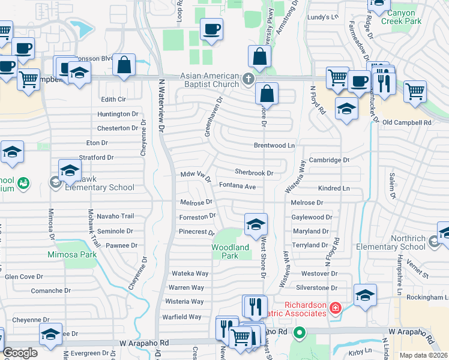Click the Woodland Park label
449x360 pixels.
[x=230, y=251]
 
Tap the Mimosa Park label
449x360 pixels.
[x=72, y=254]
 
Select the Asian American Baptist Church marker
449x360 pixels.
[x=247, y=79]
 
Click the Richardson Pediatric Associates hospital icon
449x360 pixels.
[x=335, y=308]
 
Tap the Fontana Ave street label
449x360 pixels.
[x=238, y=187]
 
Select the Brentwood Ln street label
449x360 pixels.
[x=275, y=145]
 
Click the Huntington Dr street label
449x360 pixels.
[x=118, y=114]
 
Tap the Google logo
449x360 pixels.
[x=20, y=353]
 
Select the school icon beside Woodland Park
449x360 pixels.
[x=256, y=224]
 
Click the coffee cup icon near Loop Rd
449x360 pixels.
[x=211, y=29]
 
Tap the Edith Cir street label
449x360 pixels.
[x=113, y=99]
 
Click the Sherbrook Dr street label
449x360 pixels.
[x=254, y=173]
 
